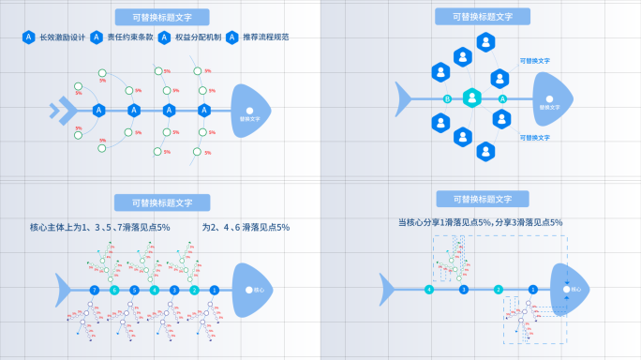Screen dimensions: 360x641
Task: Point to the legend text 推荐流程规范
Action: (265, 38)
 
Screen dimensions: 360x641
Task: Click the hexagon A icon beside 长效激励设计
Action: (29, 38)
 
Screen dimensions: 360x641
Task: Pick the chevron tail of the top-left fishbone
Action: (61, 111)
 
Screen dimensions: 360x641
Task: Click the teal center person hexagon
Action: (474, 97)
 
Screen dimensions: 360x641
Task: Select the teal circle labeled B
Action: (447, 98)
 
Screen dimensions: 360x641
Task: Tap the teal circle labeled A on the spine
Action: (502, 98)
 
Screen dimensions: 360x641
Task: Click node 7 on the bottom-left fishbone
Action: (94, 291)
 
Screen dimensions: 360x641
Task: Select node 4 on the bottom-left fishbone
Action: (155, 291)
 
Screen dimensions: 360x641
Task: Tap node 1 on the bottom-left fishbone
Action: (215, 291)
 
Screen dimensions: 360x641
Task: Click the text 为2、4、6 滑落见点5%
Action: (246, 228)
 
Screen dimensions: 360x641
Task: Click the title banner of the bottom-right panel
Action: (482, 200)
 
